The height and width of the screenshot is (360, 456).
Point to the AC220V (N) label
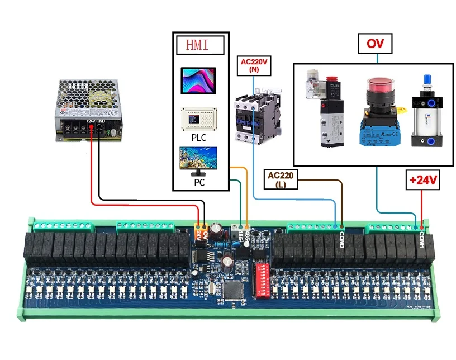click(254, 65)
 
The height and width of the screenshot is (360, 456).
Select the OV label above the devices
click(375, 43)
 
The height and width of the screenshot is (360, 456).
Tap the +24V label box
click(422, 181)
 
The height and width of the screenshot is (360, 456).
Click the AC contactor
click(251, 119)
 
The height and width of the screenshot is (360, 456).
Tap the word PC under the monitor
click(199, 183)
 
